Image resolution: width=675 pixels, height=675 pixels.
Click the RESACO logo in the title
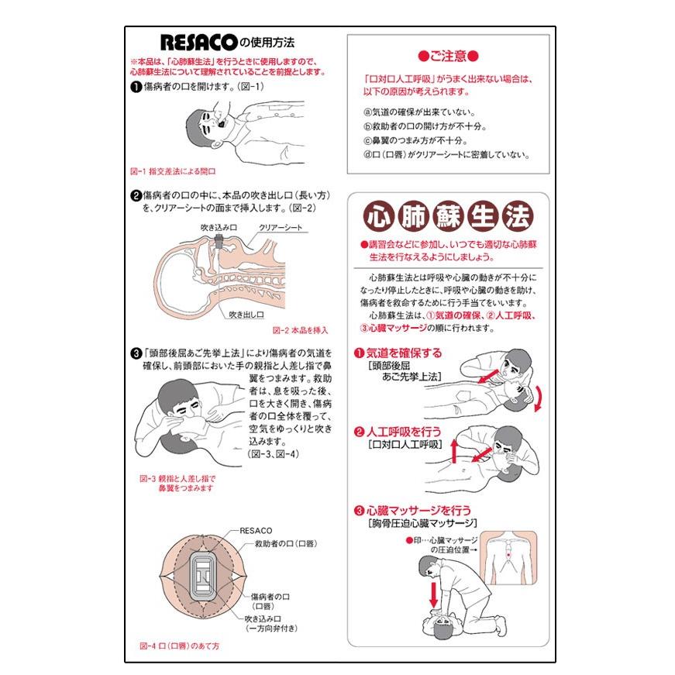(x=199, y=43)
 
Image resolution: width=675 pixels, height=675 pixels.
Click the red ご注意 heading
(x=448, y=56)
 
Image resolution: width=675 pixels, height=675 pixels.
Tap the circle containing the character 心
(x=379, y=216)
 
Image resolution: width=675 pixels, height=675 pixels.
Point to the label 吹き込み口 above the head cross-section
(x=219, y=227)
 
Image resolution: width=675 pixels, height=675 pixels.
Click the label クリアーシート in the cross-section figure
(x=281, y=227)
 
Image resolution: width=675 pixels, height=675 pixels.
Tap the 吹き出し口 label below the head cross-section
(x=246, y=315)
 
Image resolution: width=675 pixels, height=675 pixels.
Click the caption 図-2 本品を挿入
(x=300, y=330)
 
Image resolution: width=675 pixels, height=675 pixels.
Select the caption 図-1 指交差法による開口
(x=173, y=171)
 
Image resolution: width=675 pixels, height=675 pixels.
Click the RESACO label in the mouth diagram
(x=256, y=530)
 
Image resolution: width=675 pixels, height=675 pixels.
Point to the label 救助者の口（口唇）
(x=286, y=544)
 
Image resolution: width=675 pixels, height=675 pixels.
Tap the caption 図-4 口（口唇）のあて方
(x=180, y=646)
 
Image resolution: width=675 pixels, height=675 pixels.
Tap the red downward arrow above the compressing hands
(x=433, y=594)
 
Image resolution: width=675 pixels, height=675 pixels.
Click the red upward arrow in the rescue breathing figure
(x=453, y=451)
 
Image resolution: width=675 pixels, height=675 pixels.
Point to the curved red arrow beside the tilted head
(x=538, y=399)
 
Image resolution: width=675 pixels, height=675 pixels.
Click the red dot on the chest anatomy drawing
(x=508, y=555)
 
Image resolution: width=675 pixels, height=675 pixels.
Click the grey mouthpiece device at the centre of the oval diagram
(x=204, y=576)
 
